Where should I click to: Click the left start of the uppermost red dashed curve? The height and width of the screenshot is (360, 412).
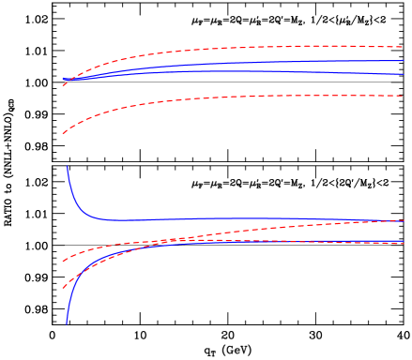(63, 85)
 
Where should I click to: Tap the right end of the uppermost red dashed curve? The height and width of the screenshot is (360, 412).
(404, 47)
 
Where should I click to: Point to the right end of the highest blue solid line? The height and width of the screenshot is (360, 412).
(404, 61)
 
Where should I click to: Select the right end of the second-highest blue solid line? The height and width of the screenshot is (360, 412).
(404, 74)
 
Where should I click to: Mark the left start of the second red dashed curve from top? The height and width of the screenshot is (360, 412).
(63, 134)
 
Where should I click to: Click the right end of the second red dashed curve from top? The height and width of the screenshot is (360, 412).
(404, 97)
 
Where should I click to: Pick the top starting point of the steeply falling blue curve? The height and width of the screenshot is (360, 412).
(67, 167)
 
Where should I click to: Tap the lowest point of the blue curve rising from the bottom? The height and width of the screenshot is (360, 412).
(67, 323)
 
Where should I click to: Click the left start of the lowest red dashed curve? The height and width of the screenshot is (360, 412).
(63, 288)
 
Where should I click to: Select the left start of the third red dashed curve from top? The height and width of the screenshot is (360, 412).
(63, 261)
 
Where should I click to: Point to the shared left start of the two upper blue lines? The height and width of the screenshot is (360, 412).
(63, 80)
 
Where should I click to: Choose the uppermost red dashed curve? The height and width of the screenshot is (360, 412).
(235, 48)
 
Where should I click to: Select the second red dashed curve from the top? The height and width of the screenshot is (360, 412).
(235, 97)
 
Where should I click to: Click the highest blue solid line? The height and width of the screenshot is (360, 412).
(235, 64)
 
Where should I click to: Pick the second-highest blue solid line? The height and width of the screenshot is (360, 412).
(235, 71)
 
